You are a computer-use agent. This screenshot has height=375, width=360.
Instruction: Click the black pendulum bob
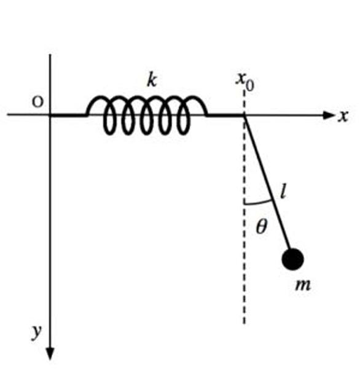tap(293, 259)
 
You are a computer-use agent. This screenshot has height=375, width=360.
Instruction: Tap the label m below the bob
tap(303, 285)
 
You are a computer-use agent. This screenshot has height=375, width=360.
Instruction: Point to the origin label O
tap(38, 102)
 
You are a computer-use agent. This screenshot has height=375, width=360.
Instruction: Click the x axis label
tap(343, 117)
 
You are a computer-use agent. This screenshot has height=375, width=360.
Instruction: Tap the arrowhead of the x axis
tap(329, 115)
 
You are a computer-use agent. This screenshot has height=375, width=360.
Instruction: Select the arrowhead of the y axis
tap(50, 354)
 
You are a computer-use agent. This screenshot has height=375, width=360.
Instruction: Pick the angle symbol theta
tap(261, 226)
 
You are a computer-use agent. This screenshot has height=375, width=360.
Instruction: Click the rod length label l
tap(283, 191)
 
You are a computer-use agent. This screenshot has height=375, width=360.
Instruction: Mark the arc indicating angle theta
tap(259, 203)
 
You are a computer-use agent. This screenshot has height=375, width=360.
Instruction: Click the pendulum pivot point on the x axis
tap(245, 115)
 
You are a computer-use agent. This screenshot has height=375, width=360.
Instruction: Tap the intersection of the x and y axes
tap(50, 115)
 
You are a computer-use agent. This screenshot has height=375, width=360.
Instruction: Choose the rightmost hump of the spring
tap(195, 105)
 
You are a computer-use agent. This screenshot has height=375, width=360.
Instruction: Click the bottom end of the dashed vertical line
tap(245, 323)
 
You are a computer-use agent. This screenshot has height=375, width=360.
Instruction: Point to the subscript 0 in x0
tap(250, 86)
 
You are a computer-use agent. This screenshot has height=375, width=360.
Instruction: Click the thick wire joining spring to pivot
tap(225, 116)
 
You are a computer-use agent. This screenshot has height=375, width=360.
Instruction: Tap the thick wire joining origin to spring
tap(68, 116)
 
